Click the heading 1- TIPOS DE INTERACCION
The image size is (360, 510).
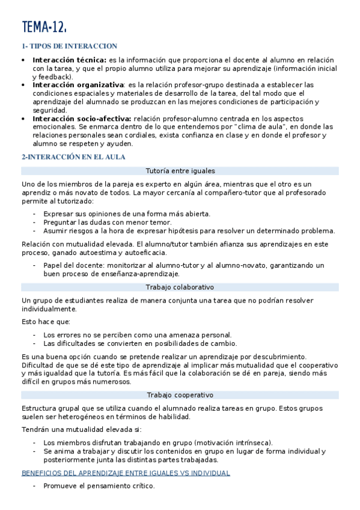pyautogui.click(x=69, y=46)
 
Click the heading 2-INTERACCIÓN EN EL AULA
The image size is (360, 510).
pyautogui.click(x=73, y=157)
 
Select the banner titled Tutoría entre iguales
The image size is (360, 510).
pyautogui.click(x=180, y=171)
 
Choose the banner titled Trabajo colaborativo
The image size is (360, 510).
pyautogui.click(x=180, y=287)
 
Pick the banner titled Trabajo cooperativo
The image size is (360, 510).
pyautogui.click(x=180, y=395)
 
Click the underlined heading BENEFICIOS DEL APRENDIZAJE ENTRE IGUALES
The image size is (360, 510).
pyautogui.click(x=125, y=473)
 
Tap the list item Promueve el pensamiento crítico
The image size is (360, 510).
pyautogui.click(x=99, y=486)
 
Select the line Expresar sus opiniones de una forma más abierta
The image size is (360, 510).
pyautogui.click(x=127, y=214)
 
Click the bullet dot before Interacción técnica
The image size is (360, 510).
pyautogui.click(x=23, y=60)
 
